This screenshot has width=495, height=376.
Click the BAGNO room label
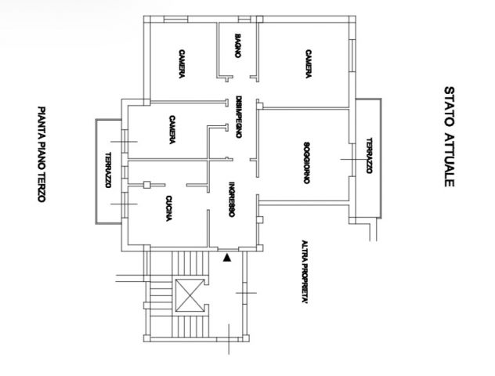(x=238, y=45)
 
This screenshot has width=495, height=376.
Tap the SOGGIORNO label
(x=306, y=163)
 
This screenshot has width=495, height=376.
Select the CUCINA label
(x=169, y=208)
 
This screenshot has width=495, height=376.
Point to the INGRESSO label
(x=231, y=199)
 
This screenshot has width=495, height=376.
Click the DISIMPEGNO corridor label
(x=239, y=117)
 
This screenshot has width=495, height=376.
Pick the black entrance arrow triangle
(x=227, y=258)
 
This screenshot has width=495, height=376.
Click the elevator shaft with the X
(x=189, y=295)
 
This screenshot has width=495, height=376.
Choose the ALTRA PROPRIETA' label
(x=305, y=272)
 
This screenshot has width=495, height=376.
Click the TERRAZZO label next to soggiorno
(x=369, y=156)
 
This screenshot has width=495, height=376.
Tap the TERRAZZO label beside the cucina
(x=108, y=170)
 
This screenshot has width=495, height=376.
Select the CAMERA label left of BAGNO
(x=182, y=63)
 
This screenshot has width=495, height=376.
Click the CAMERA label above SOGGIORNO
(x=309, y=63)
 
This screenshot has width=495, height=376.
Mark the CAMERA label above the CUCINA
(x=172, y=130)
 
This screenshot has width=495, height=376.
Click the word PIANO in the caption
(x=42, y=156)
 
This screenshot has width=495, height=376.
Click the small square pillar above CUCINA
(x=146, y=185)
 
